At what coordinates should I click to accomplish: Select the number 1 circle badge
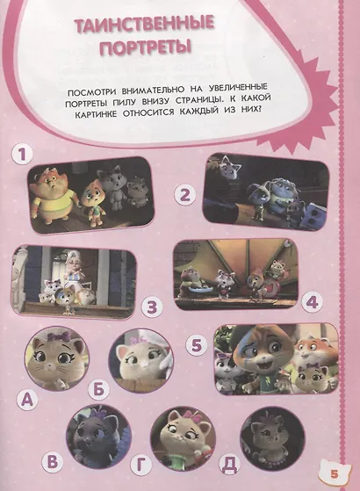22,155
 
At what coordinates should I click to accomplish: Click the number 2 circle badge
185,195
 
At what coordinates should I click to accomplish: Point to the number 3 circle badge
152,307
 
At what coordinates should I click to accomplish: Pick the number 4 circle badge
312,302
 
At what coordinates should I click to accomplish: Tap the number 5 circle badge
197,346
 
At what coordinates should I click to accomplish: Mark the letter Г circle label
141,466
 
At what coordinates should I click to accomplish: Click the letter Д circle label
230,464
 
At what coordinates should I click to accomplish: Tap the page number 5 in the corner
335,474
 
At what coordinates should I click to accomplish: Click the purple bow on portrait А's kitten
58,337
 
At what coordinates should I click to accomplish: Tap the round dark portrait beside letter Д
272,438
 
